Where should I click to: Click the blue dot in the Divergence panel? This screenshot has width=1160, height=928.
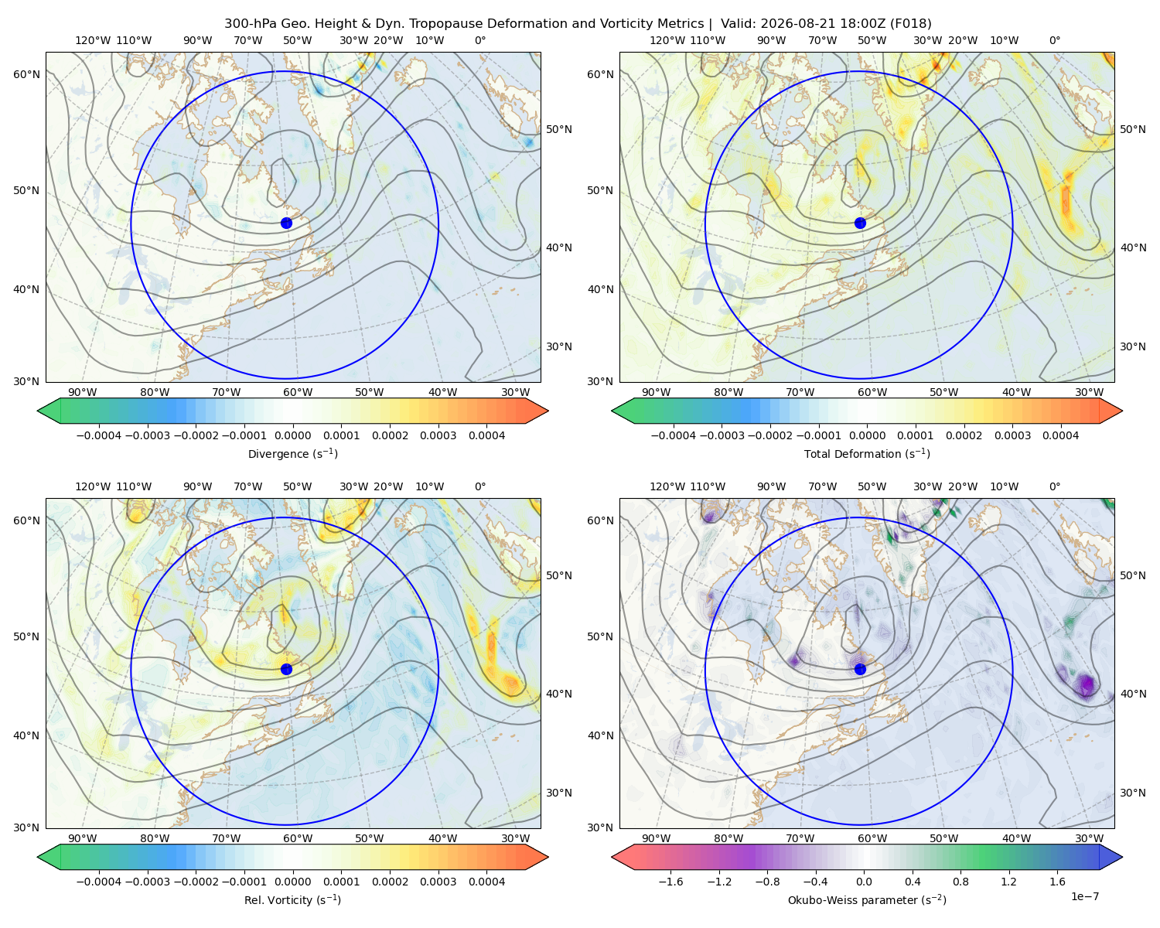286,223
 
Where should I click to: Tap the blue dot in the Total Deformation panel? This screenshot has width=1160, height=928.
860,223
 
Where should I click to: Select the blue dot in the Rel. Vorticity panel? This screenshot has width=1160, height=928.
286,669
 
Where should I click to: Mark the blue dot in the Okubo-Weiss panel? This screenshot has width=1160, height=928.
860,669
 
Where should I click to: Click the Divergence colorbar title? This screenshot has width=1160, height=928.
292,453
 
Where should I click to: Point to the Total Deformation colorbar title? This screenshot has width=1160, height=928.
867,453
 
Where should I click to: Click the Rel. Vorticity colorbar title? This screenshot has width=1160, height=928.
292,899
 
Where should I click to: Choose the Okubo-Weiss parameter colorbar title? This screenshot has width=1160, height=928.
867,899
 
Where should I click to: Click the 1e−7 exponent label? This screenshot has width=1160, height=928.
1084,896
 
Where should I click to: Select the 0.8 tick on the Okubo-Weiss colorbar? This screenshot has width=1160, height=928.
960,881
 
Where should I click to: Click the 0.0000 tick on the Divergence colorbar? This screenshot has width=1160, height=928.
292,435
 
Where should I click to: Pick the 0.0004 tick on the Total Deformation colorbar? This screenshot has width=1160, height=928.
1060,435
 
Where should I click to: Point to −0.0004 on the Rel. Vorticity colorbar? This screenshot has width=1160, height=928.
99,881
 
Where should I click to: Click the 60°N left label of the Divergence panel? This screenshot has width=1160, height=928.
26,74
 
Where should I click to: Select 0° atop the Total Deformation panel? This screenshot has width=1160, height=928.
1054,40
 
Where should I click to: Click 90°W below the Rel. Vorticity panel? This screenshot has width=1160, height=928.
83,838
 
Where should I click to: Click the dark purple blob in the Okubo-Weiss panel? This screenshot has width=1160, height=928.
1087,684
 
